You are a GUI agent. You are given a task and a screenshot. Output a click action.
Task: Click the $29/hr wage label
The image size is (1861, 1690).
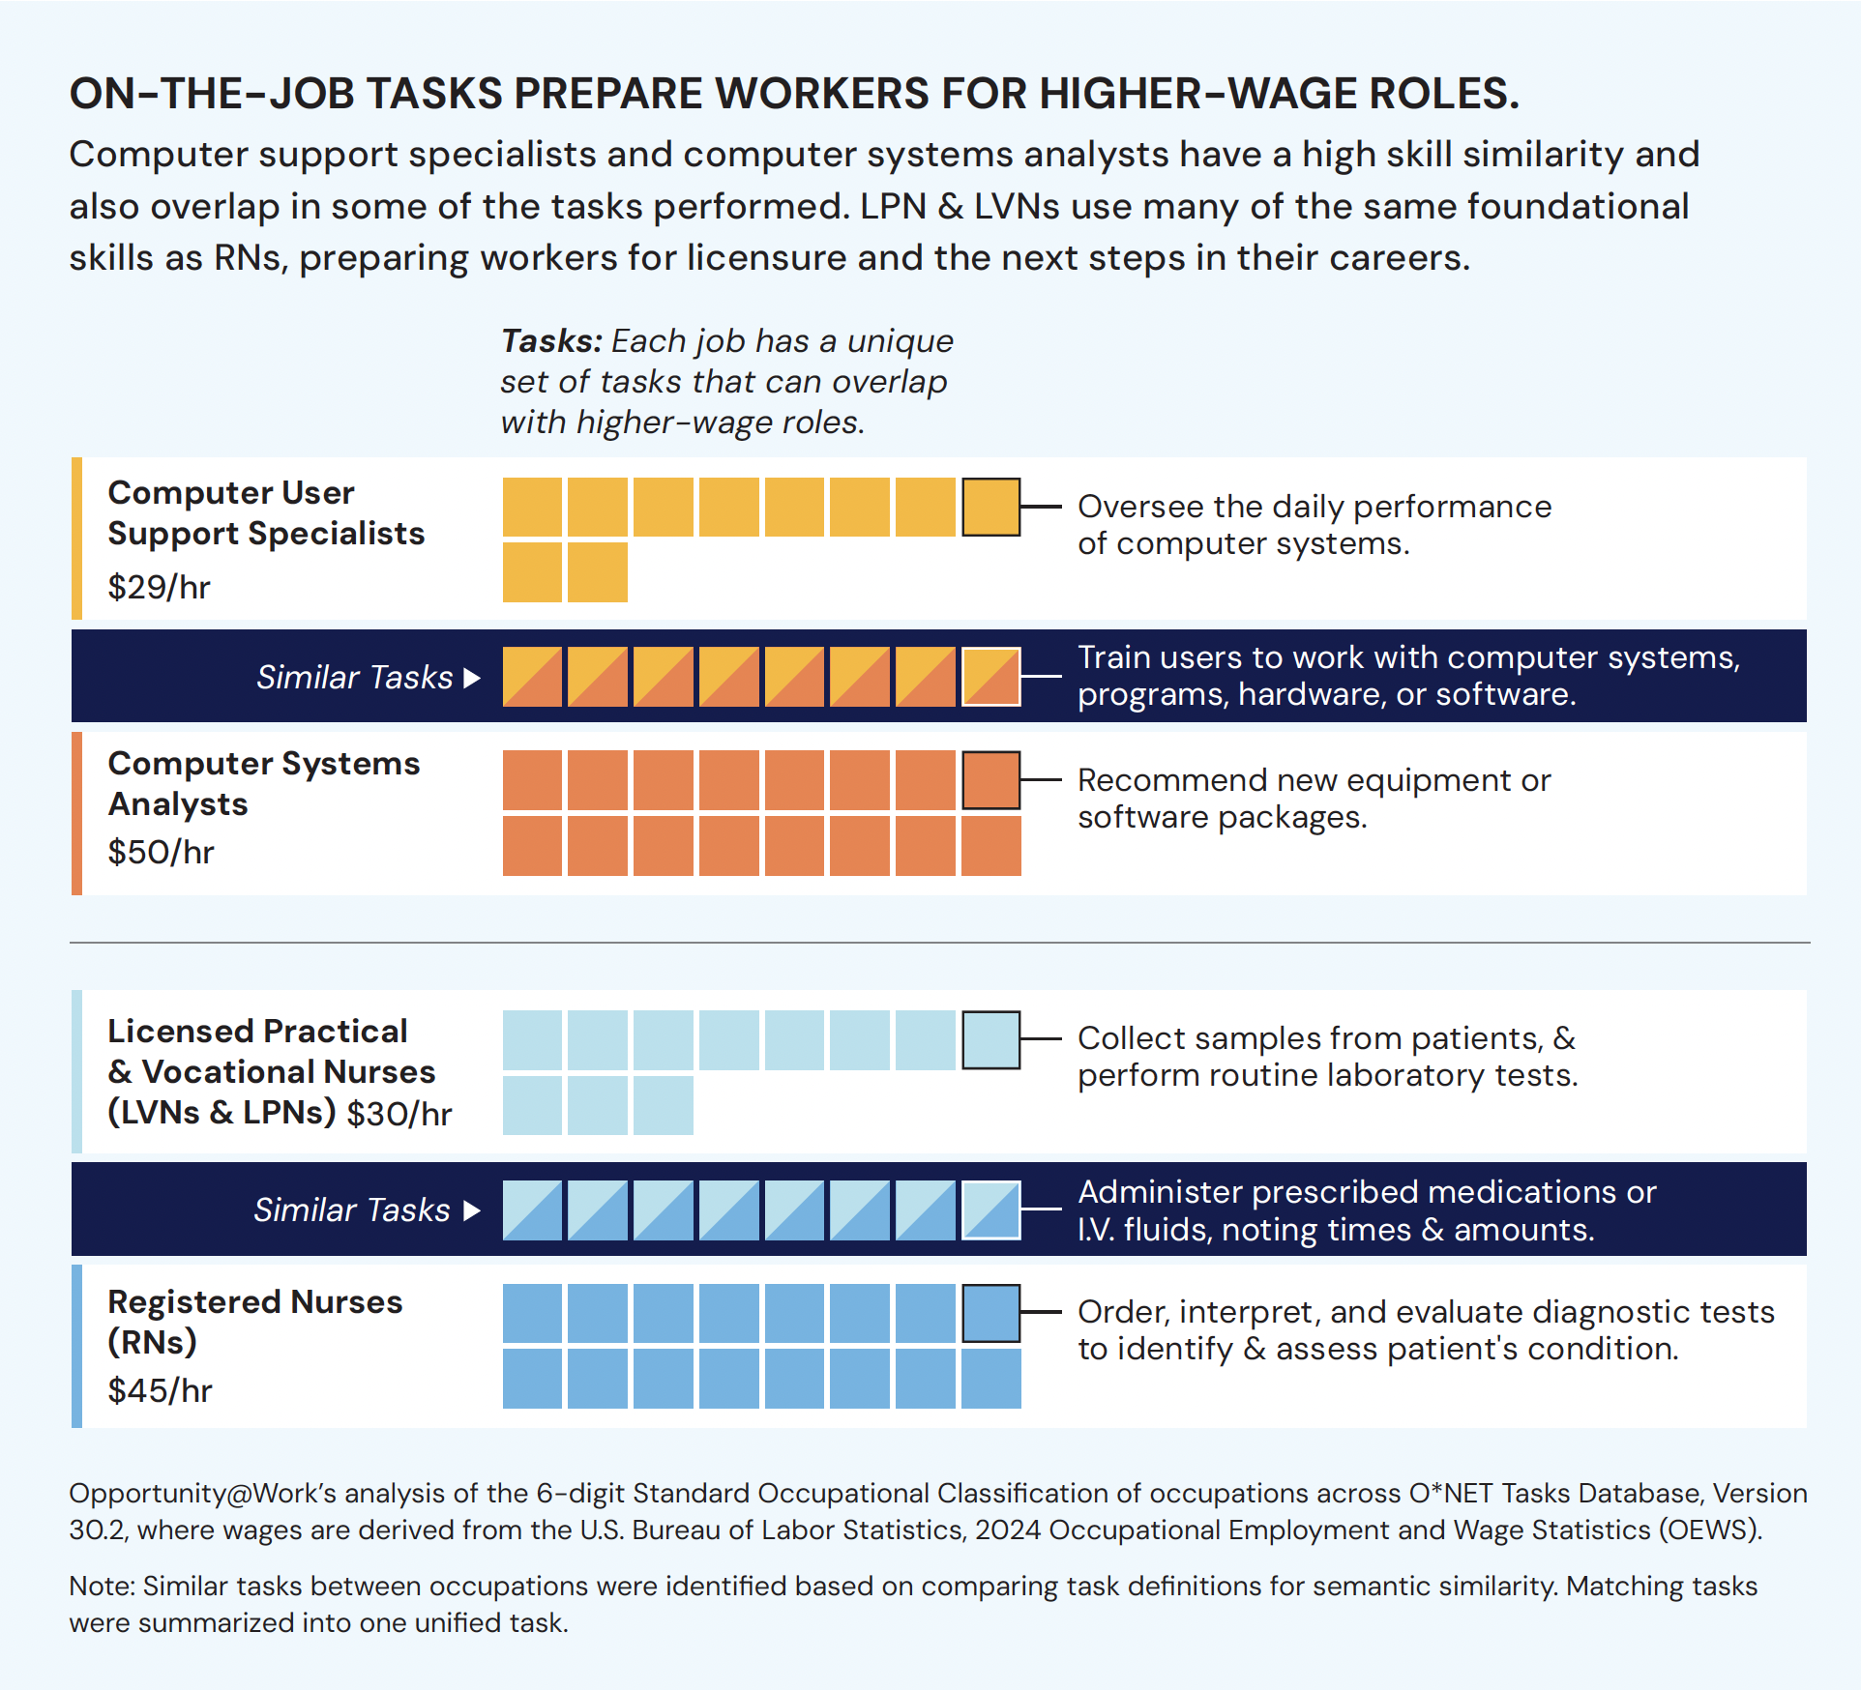click(x=159, y=587)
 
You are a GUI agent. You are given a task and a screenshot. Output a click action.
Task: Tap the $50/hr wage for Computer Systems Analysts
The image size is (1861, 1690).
click(x=161, y=852)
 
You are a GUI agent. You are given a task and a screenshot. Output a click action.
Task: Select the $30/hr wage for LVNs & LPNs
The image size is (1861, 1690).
click(x=399, y=1114)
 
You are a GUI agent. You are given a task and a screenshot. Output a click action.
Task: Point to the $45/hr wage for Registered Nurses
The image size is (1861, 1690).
click(x=160, y=1390)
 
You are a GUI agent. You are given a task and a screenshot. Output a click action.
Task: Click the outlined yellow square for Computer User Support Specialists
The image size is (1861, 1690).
click(x=991, y=507)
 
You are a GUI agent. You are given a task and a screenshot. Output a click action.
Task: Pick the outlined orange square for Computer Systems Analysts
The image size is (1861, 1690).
click(x=991, y=780)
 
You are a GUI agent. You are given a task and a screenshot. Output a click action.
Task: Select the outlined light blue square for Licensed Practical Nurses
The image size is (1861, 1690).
click(x=991, y=1040)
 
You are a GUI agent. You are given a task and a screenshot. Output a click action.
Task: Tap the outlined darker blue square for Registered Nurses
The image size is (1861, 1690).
click(x=991, y=1314)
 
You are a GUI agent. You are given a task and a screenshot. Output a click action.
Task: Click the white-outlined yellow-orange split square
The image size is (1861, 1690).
click(x=991, y=677)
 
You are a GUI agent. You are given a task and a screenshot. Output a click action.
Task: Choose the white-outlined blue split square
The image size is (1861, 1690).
click(x=991, y=1210)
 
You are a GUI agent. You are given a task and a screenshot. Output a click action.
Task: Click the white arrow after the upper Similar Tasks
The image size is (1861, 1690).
click(x=472, y=678)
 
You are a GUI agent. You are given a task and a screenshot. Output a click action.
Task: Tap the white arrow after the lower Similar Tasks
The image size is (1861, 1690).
click(x=472, y=1210)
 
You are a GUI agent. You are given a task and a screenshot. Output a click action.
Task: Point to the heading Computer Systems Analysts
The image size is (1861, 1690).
click(x=264, y=783)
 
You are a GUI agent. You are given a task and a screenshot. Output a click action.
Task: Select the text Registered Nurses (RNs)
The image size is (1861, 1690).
click(x=255, y=1322)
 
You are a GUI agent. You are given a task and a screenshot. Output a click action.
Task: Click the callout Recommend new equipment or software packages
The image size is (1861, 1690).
click(x=1315, y=799)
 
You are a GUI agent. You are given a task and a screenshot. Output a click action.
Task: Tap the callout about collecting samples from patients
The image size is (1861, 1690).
click(x=1328, y=1057)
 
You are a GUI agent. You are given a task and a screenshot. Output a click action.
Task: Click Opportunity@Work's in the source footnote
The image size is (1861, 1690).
click(x=202, y=1494)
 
